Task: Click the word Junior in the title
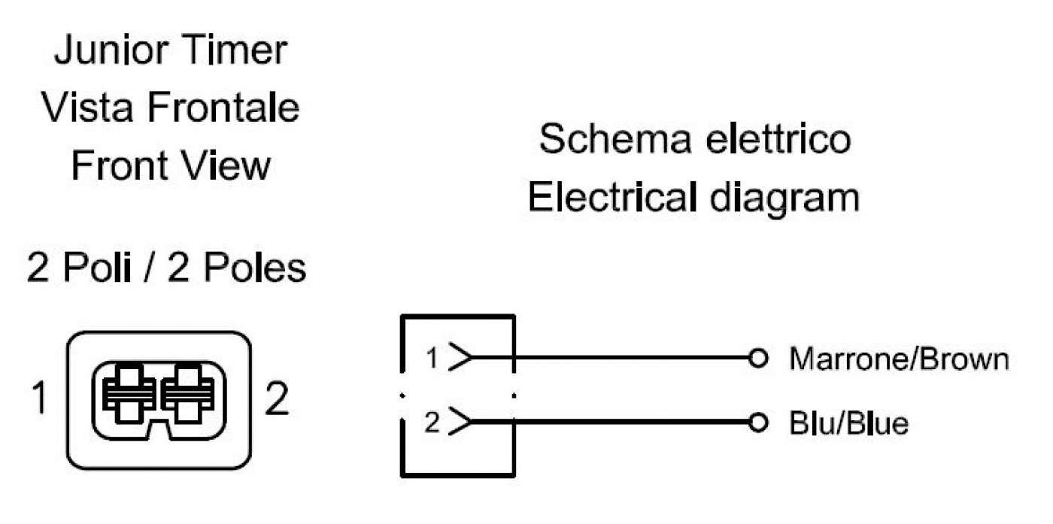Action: pos(111,50)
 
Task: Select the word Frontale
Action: pos(223,108)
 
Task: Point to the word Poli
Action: pos(96,267)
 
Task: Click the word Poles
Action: pos(255,267)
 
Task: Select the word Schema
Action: pos(615,138)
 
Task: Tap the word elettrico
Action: pos(778,138)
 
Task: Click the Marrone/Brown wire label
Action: pos(899,359)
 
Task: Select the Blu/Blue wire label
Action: pos(848,423)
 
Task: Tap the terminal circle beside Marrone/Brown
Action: pos(758,358)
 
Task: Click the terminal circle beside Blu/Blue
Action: pos(758,422)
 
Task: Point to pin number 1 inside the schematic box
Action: pos(432,358)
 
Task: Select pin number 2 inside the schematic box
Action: pos(432,422)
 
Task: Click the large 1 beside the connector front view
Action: pos(40,398)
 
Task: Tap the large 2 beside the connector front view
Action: pos(277,398)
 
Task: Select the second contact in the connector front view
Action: pos(188,395)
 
